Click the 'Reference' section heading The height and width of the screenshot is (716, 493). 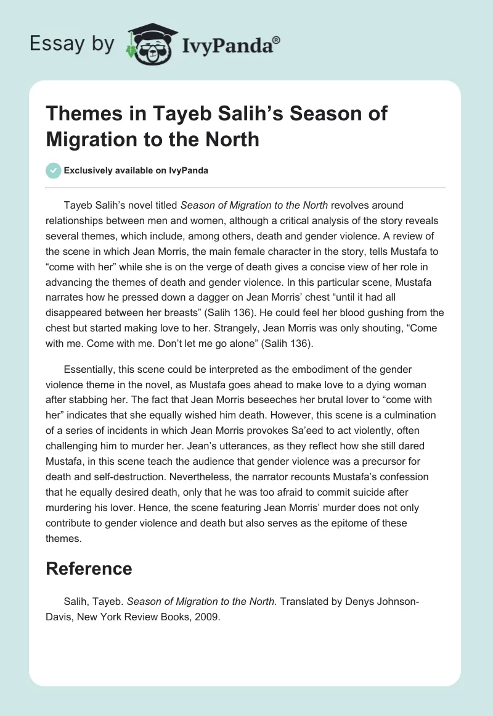pyautogui.click(x=89, y=568)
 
